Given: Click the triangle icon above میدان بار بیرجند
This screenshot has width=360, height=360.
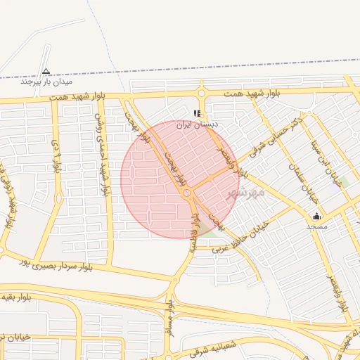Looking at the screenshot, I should (x=46, y=71).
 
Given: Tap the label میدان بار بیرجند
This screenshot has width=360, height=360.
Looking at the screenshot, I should (x=47, y=82).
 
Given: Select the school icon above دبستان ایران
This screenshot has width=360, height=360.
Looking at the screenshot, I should (x=198, y=112).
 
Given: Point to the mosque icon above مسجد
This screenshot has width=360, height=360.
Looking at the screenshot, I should (x=316, y=216).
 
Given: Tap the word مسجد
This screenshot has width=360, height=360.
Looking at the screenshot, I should (x=316, y=227).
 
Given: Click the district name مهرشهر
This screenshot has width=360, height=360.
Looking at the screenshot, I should (x=242, y=191).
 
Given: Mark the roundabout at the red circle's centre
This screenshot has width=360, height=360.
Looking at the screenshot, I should (x=187, y=193).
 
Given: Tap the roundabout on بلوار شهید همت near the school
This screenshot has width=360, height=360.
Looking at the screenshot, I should (x=202, y=93).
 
